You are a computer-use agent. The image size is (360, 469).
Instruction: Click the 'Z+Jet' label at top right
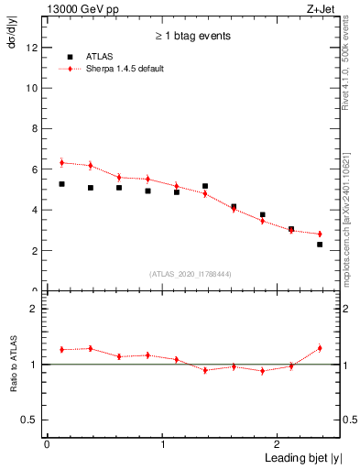click(320, 8)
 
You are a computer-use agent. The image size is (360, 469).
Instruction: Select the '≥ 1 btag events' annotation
click(191, 36)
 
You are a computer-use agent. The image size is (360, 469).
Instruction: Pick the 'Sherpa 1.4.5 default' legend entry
click(122, 69)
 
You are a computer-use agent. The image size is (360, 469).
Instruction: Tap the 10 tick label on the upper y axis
click(31, 89)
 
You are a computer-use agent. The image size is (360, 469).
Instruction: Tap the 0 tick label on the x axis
click(47, 444)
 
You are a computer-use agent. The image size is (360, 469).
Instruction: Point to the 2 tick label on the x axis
click(279, 444)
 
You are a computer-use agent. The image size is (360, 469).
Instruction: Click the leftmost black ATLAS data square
click(61, 184)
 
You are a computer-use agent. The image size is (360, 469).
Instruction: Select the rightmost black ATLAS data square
click(320, 245)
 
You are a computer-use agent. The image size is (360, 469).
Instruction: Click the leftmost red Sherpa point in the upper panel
click(61, 163)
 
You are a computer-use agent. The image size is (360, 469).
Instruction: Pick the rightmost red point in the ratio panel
click(320, 348)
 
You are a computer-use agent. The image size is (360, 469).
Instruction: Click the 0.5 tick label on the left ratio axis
click(28, 420)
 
